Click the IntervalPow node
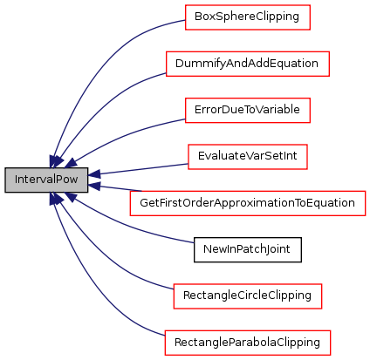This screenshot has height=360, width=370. coord(46,180)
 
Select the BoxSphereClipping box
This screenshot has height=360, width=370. coord(248,17)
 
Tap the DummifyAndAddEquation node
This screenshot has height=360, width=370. coord(248,64)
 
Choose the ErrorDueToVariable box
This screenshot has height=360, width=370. coord(248,110)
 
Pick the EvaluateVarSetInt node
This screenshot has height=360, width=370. coord(248,157)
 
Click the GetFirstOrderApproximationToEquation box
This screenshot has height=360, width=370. coord(248,203)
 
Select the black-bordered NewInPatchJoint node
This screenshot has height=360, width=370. coord(248,249)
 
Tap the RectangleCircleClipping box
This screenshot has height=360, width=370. coord(248,296)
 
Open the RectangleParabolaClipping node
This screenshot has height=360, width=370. coord(248,343)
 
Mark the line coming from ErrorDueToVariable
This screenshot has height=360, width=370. coord(122,136)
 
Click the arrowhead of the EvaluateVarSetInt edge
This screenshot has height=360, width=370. coord(93,174)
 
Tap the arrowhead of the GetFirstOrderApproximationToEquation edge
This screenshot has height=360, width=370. coord(93,185)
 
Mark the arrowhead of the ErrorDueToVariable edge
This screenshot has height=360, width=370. coord(71,163)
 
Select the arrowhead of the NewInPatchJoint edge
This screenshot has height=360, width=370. coord(71,197)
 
